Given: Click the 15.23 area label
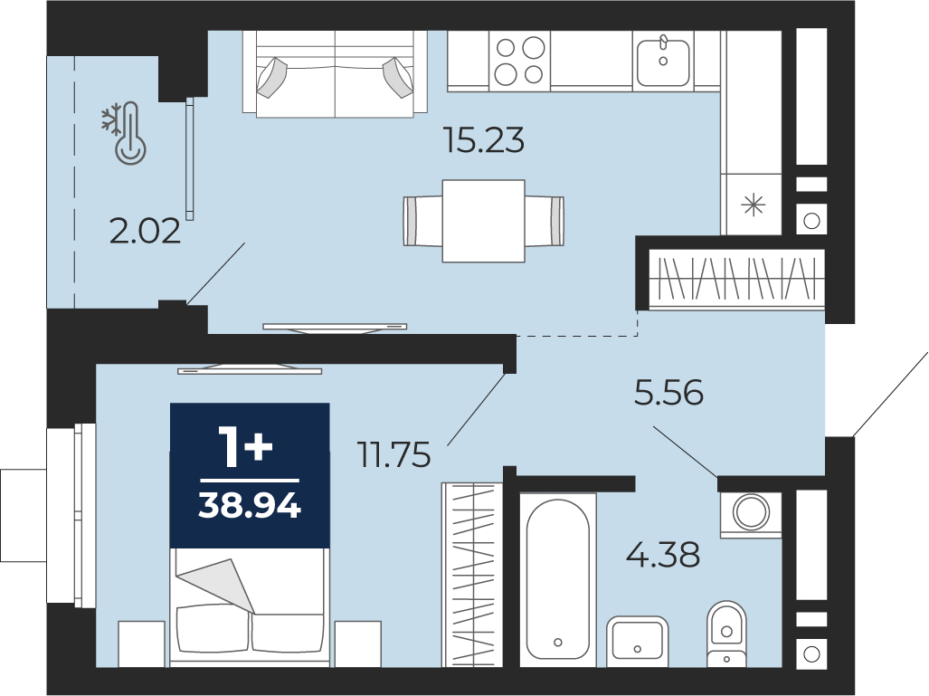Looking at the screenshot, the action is click(x=484, y=141).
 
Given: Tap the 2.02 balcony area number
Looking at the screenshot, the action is click(x=145, y=231).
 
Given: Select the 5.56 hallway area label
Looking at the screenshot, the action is click(x=668, y=393).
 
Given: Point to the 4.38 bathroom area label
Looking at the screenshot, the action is click(x=664, y=554).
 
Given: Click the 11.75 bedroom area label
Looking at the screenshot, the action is click(x=394, y=455).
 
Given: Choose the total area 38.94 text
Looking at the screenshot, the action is click(x=250, y=506).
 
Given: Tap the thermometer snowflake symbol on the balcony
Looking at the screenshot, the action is click(x=124, y=133).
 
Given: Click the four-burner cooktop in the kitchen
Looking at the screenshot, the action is click(x=520, y=61).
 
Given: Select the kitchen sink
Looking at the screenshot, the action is click(x=663, y=60).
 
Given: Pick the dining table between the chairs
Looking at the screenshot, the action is click(x=483, y=221).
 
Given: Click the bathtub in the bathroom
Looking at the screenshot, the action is click(x=557, y=579).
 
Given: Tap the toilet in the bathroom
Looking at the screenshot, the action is click(x=726, y=634).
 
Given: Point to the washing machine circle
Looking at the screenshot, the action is click(x=751, y=511).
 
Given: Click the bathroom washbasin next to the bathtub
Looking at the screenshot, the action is click(x=638, y=642).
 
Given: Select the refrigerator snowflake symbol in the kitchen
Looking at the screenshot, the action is click(x=754, y=205).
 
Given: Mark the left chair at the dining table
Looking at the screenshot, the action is click(x=423, y=221).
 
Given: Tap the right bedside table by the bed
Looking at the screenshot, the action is click(x=358, y=644).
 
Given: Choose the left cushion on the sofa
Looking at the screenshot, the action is click(x=272, y=77).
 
